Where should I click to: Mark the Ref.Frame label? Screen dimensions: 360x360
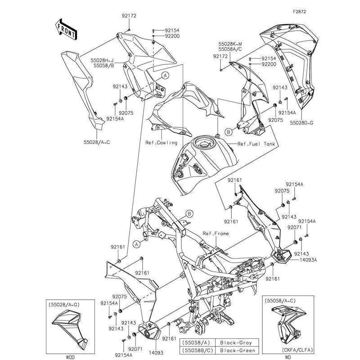pyautogui.click(x=216, y=234)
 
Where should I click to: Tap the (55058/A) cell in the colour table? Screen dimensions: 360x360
pyautogui.click(x=196, y=342)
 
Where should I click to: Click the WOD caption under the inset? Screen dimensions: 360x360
pyautogui.click(x=70, y=357)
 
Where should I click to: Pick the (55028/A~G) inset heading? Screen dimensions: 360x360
pyautogui.click(x=63, y=305)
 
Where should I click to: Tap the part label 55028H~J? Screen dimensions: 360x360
pyautogui.click(x=103, y=59)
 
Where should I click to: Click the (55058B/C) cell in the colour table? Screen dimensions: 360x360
pyautogui.click(x=196, y=350)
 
